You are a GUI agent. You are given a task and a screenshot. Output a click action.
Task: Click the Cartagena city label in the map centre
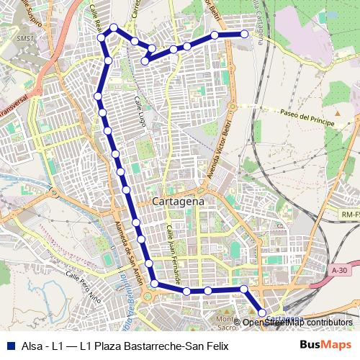[x=179, y=202]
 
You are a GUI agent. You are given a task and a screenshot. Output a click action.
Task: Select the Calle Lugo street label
[x=138, y=114]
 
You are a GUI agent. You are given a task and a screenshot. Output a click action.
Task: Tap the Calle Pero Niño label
[x=83, y=282]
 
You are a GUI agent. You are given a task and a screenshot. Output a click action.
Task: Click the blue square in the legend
[x=9, y=345]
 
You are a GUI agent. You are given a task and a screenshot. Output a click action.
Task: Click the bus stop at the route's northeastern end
[x=245, y=34]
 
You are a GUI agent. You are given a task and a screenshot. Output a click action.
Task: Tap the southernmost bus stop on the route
[x=261, y=312]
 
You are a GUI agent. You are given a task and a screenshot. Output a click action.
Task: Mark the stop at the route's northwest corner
[x=113, y=28]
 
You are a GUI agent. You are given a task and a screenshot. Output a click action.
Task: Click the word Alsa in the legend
[x=31, y=345]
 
